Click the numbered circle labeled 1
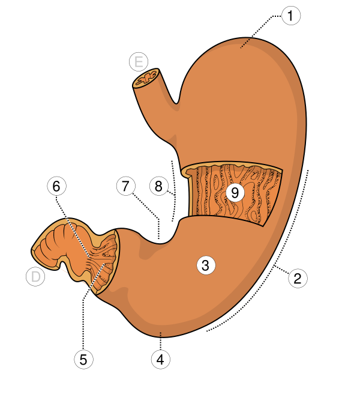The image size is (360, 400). [291, 16]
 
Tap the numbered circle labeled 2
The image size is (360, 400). [298, 278]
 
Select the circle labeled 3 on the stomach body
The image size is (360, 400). [205, 265]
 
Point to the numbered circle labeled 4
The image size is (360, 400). [160, 360]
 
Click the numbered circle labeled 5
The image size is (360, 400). [83, 359]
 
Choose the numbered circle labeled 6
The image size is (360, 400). [56, 186]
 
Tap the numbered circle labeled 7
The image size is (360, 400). [125, 186]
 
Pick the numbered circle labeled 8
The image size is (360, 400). [158, 186]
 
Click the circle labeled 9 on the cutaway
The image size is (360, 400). [235, 193]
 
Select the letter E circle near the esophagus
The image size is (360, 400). [139, 61]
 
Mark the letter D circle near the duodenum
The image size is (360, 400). [36, 277]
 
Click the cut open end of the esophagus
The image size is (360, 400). [146, 79]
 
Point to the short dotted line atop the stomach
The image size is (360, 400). [245, 43]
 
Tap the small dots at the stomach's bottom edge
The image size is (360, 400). [160, 333]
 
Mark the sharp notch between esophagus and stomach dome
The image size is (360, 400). [176, 104]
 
